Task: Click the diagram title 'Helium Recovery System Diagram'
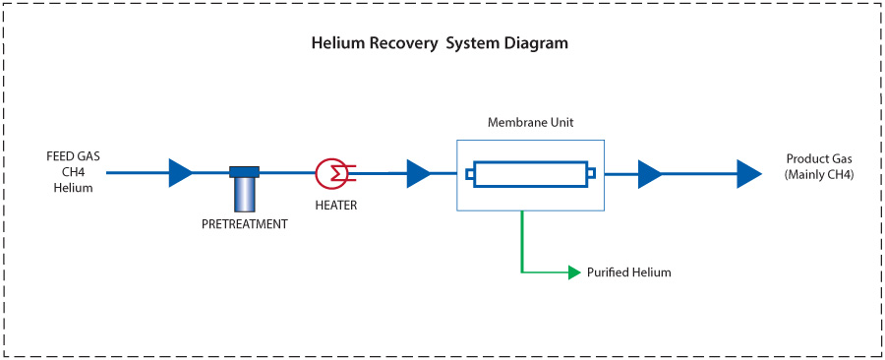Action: (440, 44)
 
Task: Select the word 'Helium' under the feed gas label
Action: (73, 188)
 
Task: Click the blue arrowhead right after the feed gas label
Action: (180, 173)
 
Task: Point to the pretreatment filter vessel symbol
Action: (244, 189)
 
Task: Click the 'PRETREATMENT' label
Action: (244, 224)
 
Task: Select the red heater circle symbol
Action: (329, 173)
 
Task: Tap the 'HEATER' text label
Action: (335, 206)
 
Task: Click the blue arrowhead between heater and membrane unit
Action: (418, 174)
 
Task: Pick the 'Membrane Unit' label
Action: (530, 123)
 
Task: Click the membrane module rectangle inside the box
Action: (530, 174)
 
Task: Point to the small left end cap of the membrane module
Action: (470, 175)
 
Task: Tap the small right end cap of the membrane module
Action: (591, 174)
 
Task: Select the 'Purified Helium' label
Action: (628, 272)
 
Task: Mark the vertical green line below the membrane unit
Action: (522, 241)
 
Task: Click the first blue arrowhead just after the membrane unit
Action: (649, 174)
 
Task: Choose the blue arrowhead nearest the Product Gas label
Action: (749, 174)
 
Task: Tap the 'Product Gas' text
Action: (819, 159)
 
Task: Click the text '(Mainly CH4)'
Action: (819, 175)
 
